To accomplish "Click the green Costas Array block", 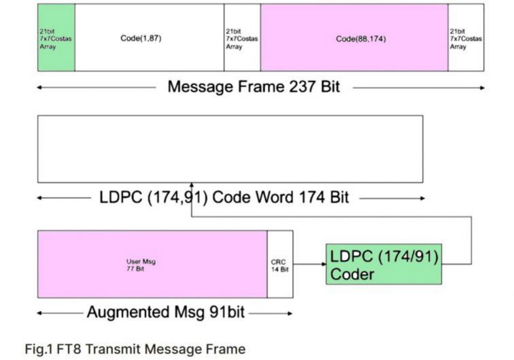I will pos(56,37).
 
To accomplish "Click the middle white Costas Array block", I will pos(242,37).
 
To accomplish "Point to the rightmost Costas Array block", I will pos(466,37).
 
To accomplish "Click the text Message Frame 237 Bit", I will pos(254,87).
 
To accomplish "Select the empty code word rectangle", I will pos(230,148).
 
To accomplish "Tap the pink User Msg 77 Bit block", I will pos(152,264).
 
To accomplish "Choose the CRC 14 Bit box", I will pos(280,264).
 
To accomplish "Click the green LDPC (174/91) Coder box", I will pos(383,265).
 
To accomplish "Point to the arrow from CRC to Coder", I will pos(309,265).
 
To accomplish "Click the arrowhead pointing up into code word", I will pos(192,185).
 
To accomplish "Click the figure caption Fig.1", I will pos(41,349).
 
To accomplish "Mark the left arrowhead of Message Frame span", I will pos(39,88).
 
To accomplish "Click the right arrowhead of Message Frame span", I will pos(483,88).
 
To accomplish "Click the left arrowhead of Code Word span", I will pos(39,198).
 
